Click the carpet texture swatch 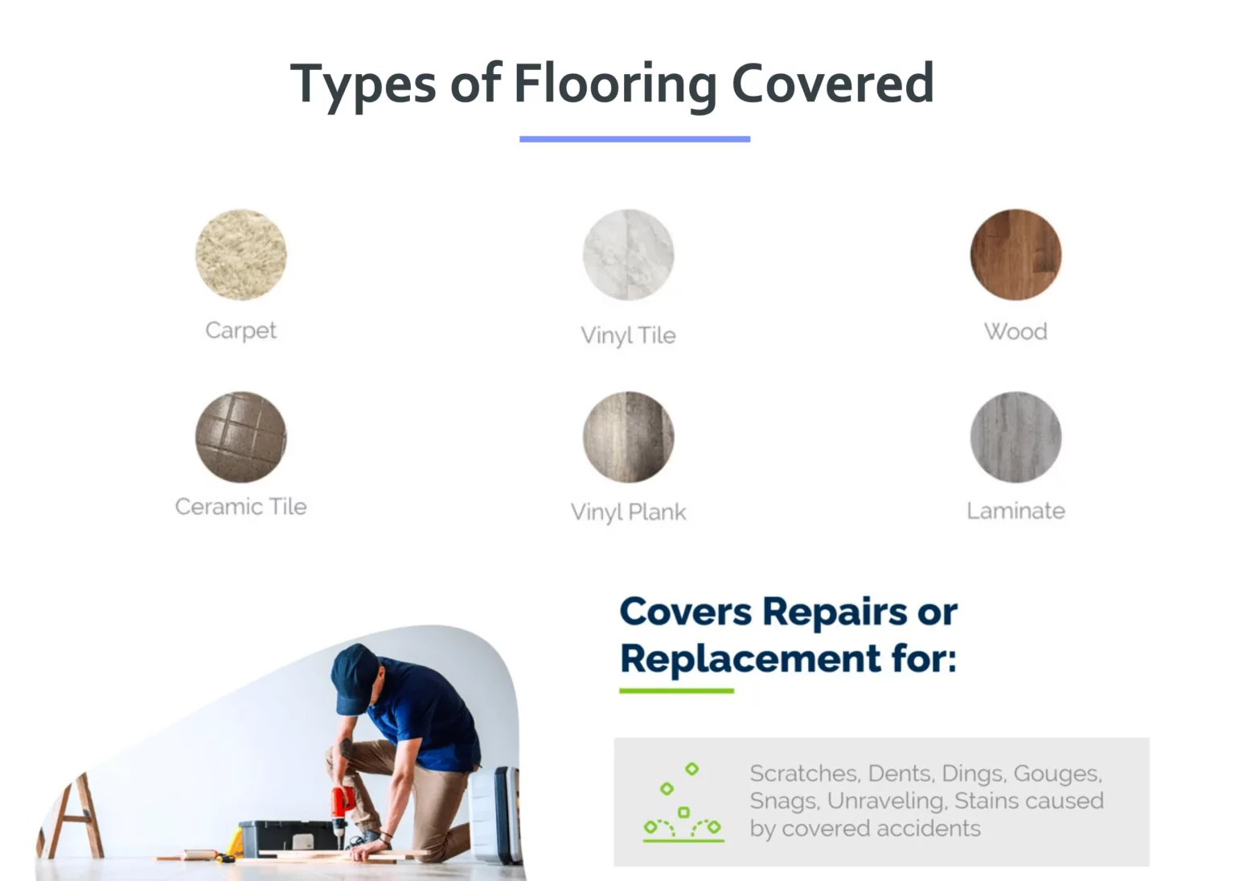click(241, 255)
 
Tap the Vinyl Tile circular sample click(628, 255)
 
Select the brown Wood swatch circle click(1015, 255)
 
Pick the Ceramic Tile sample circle click(241, 437)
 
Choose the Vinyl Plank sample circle click(628, 437)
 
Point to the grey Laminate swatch click(1015, 437)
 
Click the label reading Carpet click(241, 331)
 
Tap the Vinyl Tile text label click(628, 335)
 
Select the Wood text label click(1015, 331)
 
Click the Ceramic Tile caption click(241, 507)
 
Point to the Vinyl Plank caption click(628, 512)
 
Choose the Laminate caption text click(1015, 511)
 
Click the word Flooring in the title click(615, 84)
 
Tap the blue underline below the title click(634, 139)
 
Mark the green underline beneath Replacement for click(676, 690)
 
